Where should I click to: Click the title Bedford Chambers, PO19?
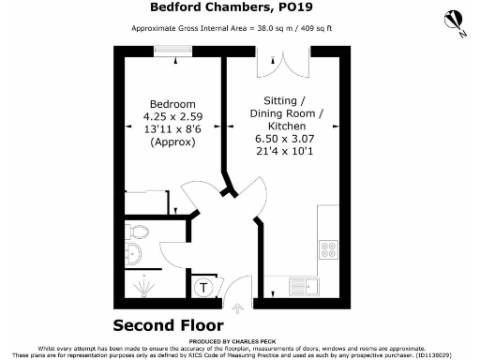(239, 7)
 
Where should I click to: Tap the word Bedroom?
(173, 104)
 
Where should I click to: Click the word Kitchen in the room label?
(287, 126)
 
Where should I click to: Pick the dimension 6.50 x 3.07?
(287, 139)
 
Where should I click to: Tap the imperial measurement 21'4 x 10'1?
(287, 152)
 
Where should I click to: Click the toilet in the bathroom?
(137, 231)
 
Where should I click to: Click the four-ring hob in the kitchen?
(329, 249)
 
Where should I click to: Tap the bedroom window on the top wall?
(171, 53)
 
